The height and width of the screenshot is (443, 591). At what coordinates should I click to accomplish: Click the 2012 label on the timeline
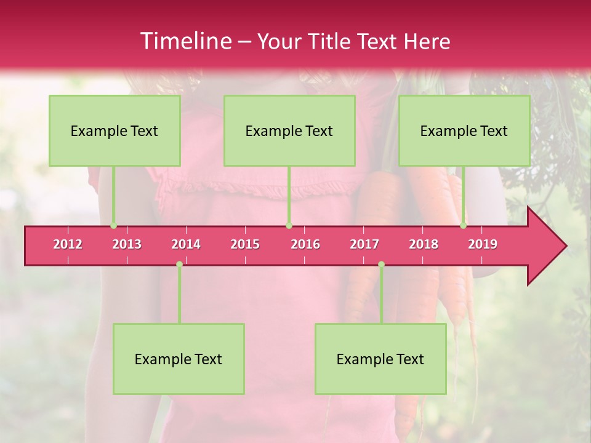68,244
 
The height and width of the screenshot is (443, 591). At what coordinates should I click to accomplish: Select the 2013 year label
127,244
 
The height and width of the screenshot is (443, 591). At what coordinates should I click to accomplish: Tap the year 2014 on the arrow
186,244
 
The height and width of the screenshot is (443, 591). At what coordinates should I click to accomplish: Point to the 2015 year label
245,244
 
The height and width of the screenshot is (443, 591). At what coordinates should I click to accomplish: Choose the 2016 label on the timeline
305,244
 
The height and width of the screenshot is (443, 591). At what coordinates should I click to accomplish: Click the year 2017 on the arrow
364,244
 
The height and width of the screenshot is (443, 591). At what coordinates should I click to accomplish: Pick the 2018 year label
424,244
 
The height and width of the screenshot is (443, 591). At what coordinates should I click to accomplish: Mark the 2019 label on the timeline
483,244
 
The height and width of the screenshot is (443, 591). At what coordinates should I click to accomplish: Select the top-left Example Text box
115,130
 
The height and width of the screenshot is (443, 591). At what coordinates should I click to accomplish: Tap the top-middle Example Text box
289,130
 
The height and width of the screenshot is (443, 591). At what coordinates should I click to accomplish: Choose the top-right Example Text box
464,130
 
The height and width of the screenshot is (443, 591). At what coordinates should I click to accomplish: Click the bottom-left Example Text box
179,359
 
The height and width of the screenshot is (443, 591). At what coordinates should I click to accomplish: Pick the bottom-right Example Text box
380,359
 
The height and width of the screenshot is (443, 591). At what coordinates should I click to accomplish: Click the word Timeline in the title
185,41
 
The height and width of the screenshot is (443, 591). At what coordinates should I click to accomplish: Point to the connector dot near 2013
113,226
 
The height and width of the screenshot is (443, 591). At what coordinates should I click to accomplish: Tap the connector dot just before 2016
289,226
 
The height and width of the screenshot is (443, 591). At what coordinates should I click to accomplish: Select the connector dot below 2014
179,265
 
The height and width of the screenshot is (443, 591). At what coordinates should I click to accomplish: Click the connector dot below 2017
381,265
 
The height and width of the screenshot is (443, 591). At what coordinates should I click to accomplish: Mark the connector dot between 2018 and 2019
463,226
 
